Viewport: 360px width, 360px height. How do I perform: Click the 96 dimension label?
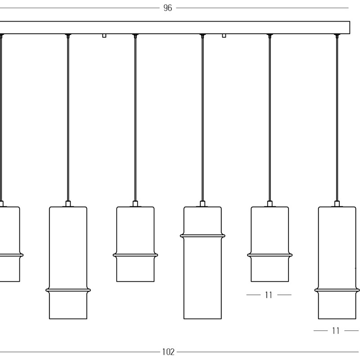coord(167,8)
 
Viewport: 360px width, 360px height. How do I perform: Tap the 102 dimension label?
coord(168,352)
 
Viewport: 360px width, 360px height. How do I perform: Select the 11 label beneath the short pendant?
coord(269,295)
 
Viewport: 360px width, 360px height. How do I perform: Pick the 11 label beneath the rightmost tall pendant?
coord(336,331)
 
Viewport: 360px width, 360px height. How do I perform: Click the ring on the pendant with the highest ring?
coord(202,236)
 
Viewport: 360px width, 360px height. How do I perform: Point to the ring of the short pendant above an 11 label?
coord(270,255)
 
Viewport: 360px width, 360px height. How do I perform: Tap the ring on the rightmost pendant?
coord(337,290)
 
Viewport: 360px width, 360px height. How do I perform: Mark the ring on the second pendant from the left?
coord(68,290)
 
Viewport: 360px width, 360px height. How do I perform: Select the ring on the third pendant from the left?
coord(135,255)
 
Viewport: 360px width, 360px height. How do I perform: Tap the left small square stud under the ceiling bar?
coord(104,36)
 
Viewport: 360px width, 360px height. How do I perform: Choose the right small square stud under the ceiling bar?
coord(224,36)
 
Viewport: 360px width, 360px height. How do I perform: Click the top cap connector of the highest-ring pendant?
coord(202,204)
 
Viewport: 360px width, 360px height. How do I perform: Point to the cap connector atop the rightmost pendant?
coord(337,204)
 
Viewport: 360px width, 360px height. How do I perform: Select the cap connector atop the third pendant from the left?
coord(135,204)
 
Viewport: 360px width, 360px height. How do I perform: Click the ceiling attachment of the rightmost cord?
coord(337,36)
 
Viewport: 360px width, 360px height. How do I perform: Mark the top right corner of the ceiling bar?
coord(350,22)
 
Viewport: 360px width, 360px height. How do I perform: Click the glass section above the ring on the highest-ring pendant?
coord(202,220)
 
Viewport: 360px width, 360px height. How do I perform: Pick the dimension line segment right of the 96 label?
coord(262,8)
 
